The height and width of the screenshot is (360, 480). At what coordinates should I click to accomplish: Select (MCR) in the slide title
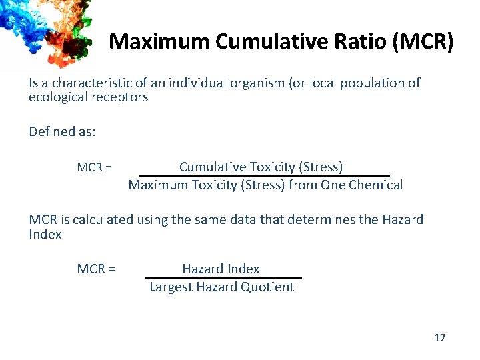pos(423,41)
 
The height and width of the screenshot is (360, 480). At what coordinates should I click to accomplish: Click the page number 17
pos(439,338)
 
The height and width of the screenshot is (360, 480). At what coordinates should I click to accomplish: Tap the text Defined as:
pos(62,131)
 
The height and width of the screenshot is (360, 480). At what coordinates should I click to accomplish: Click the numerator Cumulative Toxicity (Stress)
pos(261,167)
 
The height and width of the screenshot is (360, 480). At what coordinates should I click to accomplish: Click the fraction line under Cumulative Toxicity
pos(264,176)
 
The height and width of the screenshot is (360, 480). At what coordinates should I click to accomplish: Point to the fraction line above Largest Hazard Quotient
pos(223,278)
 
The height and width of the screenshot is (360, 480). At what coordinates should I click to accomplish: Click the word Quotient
pos(267,287)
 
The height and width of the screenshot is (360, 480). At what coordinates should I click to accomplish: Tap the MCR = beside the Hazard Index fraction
pos(97,269)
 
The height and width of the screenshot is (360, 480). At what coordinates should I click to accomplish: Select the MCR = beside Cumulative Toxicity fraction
pos(94,167)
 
